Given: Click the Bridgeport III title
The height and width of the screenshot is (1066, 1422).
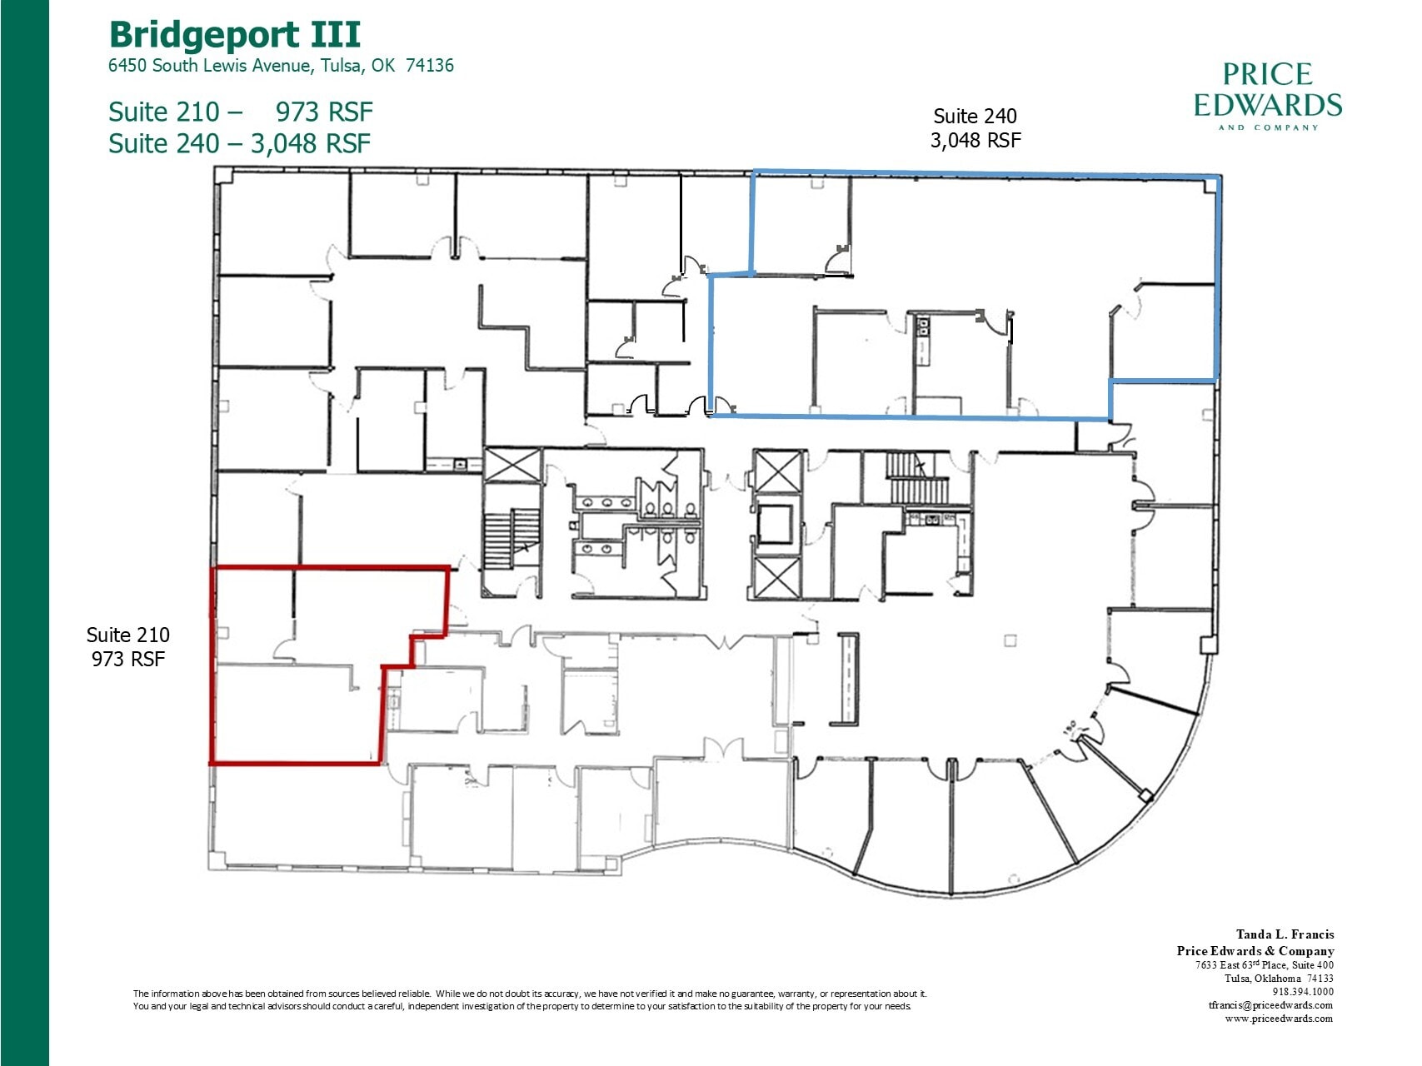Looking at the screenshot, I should click(235, 35).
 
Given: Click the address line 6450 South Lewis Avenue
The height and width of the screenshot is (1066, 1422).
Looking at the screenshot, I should click(281, 66).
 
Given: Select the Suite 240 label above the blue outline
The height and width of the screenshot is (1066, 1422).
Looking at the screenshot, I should click(975, 127).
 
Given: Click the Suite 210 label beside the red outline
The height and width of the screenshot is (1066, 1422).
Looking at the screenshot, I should click(127, 646).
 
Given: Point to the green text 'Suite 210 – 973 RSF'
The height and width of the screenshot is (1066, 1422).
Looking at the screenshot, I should click(240, 112).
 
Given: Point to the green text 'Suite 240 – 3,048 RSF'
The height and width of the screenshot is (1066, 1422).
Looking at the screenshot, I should click(239, 143).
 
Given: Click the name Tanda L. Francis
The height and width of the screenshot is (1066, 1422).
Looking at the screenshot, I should click(1285, 934).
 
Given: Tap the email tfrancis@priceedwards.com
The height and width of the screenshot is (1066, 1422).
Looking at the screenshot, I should click(1270, 1004).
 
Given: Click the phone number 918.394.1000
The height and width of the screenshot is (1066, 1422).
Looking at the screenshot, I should click(1303, 991).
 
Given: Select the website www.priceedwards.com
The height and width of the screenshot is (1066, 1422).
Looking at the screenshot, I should click(1278, 1018).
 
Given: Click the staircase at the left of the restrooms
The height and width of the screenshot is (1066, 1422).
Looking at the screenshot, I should click(511, 539).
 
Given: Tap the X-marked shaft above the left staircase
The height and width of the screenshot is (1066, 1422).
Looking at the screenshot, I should click(513, 465).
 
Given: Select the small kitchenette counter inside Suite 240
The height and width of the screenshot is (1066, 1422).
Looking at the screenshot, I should click(922, 341).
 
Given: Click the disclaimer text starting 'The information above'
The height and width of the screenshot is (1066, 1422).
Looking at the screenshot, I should click(529, 999).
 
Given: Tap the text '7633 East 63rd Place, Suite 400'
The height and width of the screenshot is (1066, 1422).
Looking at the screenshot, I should click(1264, 964).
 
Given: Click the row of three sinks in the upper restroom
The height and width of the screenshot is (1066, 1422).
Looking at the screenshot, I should click(606, 502).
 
